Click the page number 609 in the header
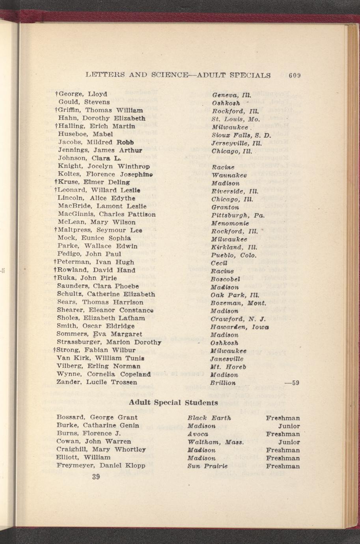pyautogui.click(x=295, y=75)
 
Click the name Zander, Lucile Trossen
pyautogui.click(x=97, y=382)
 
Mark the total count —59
pyautogui.click(x=292, y=382)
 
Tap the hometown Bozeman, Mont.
pyautogui.click(x=239, y=303)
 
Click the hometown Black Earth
pyautogui.click(x=209, y=418)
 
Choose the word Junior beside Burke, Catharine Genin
pyautogui.click(x=289, y=426)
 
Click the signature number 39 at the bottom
pyautogui.click(x=96, y=477)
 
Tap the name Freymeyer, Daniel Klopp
pyautogui.click(x=101, y=466)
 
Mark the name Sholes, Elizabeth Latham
pyautogui.click(x=101, y=318)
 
